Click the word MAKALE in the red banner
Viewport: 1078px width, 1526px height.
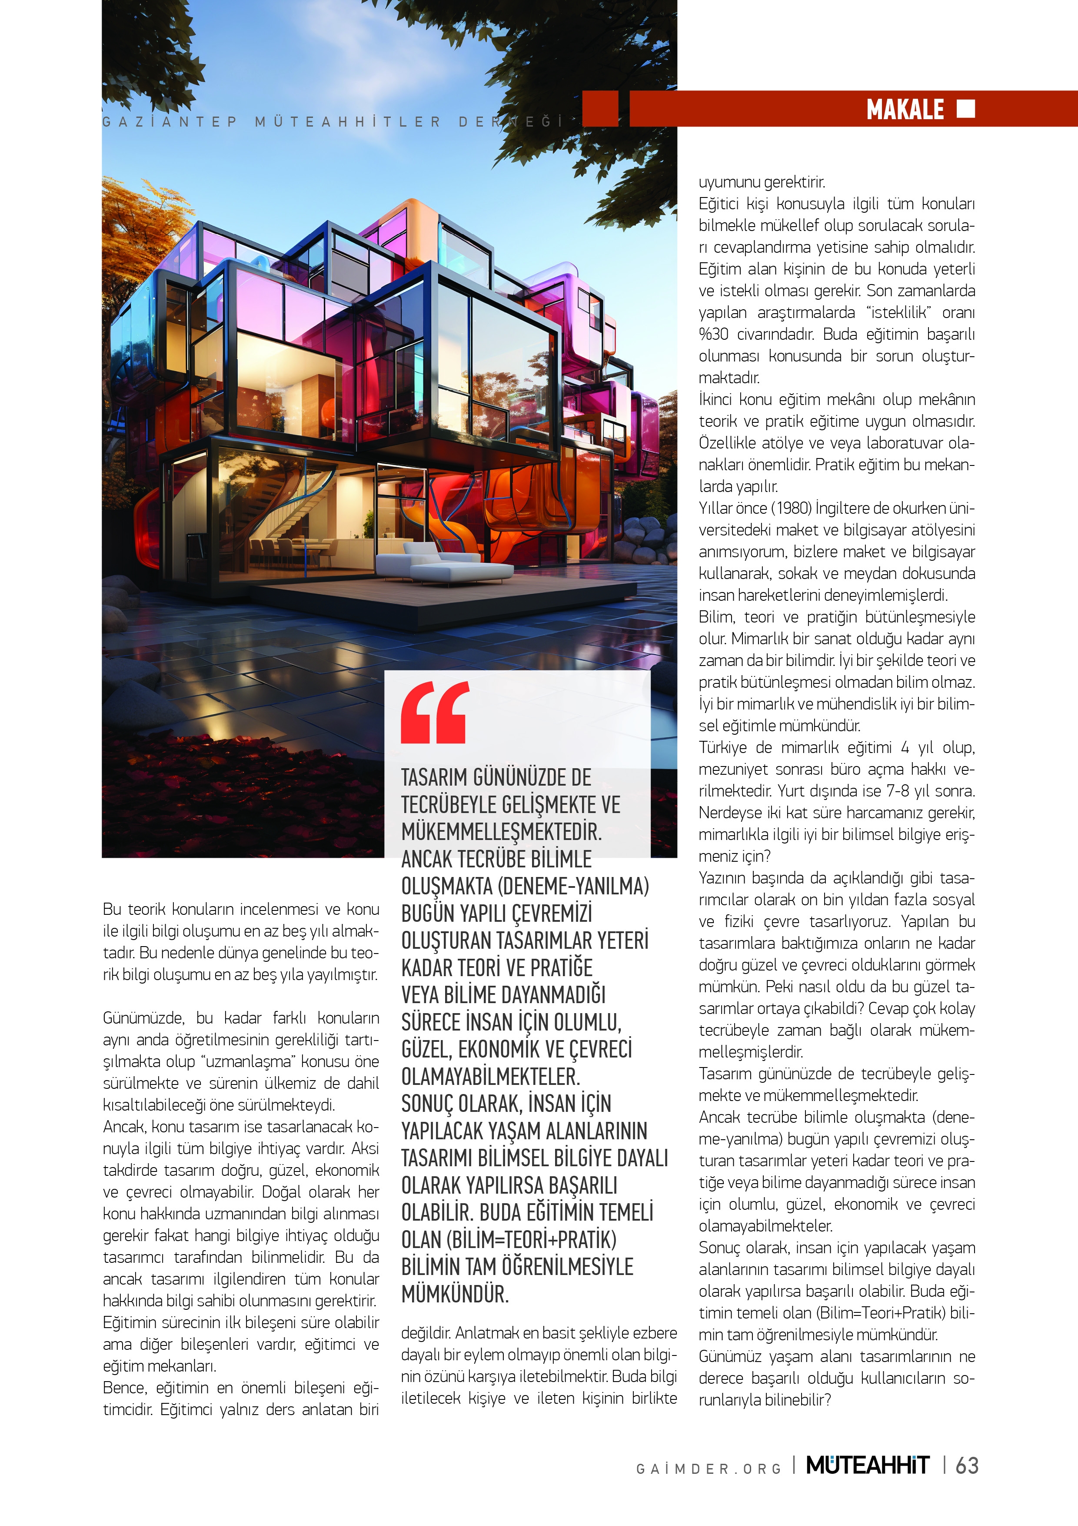coord(905,109)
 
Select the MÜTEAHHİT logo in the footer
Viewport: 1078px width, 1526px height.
coord(868,1466)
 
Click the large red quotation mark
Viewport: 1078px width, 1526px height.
coord(434,713)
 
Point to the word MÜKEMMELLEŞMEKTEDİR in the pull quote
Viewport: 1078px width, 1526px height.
coord(502,831)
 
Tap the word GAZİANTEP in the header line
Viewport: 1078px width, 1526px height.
coord(170,122)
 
